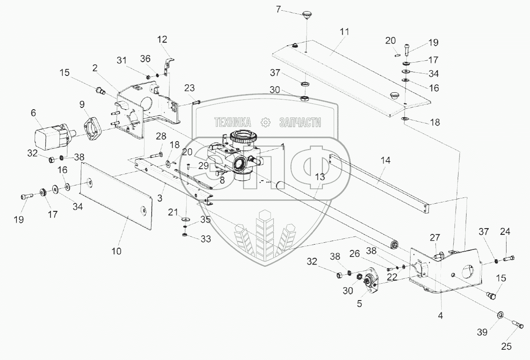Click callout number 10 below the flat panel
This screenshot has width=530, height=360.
116,251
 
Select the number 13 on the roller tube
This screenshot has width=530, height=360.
320,176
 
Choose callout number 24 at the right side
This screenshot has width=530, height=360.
505,231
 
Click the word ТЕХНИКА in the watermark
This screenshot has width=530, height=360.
232,122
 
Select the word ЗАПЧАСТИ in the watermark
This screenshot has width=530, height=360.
300,123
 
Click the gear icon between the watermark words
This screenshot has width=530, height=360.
266,122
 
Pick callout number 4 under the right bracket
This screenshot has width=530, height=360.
440,316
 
